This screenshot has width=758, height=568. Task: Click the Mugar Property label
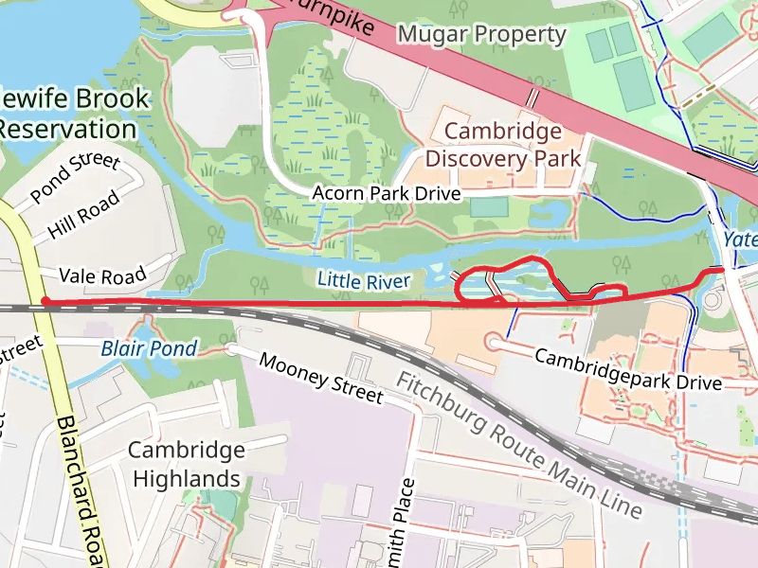[x=481, y=35]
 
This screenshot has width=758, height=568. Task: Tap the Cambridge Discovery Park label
[x=502, y=144]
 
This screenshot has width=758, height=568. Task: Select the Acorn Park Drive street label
[x=387, y=194]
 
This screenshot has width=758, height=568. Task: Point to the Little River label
[x=364, y=280]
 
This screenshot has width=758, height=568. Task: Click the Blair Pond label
[x=149, y=348]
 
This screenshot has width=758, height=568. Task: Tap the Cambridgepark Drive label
[x=628, y=370]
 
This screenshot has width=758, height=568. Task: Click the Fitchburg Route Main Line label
[x=519, y=445]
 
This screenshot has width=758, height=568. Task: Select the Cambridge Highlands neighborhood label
[x=187, y=464]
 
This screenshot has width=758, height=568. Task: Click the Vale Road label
[x=102, y=275]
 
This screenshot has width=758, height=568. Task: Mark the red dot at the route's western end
[x=45, y=302]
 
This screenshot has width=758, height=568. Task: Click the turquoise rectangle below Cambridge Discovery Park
[x=488, y=205]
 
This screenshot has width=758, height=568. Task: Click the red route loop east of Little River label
[x=498, y=279]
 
